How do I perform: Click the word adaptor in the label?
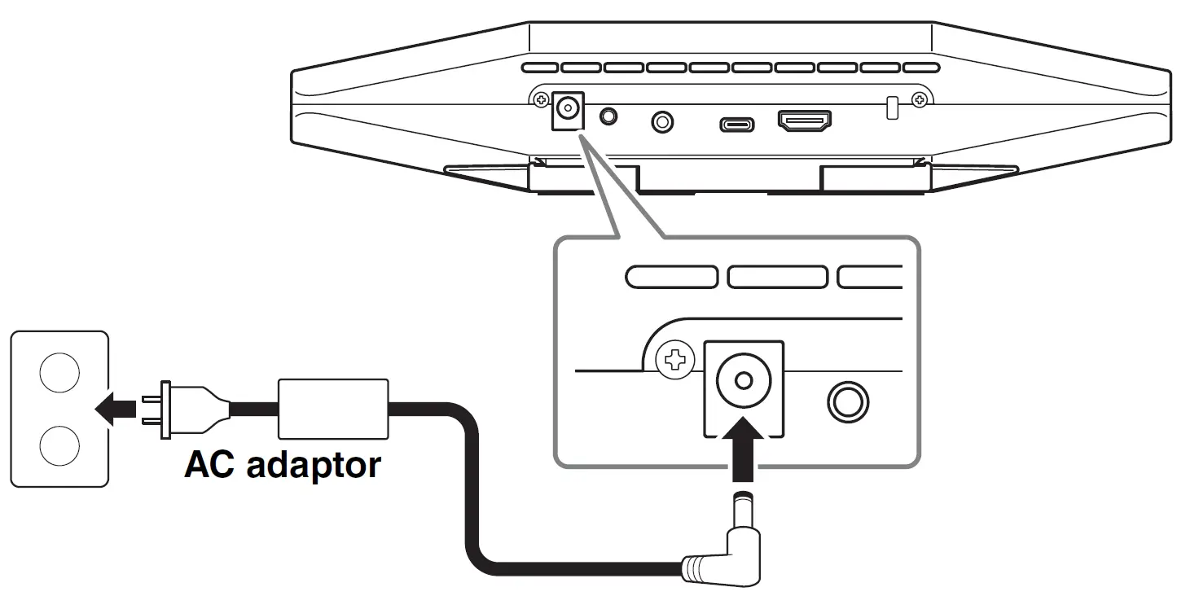(314, 467)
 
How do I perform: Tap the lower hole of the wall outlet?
(59, 445)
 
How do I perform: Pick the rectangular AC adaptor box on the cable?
(332, 409)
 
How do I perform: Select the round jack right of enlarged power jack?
(848, 401)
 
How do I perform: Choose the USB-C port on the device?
(736, 125)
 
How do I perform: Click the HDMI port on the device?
(805, 121)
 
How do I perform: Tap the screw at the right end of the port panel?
(920, 101)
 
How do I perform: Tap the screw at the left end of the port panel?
(541, 100)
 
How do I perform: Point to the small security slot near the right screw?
(892, 107)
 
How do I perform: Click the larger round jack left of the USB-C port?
(663, 123)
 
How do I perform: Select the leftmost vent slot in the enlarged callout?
(671, 277)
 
